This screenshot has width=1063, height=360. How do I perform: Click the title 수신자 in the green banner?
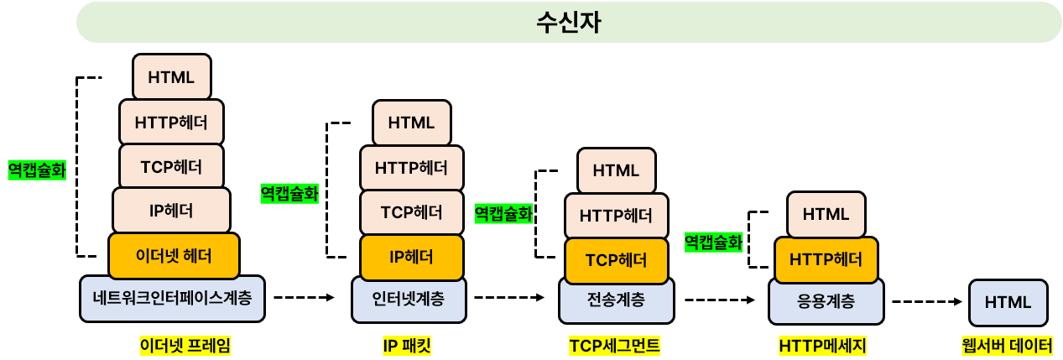(568, 22)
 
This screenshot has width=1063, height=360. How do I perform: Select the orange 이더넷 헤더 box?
(174, 255)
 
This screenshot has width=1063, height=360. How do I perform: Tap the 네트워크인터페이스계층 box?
(172, 297)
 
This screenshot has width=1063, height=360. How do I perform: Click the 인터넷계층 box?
(409, 297)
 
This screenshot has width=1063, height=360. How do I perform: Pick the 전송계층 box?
(616, 299)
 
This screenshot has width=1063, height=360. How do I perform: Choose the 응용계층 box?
(826, 300)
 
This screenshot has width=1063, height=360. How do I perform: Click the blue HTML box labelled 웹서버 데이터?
(1007, 302)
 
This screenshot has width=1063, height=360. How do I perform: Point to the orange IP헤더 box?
(411, 257)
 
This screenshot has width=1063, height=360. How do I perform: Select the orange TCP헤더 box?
(617, 260)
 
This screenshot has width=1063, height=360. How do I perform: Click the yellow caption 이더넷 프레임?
(185, 345)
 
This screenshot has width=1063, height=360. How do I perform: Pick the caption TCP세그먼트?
(614, 345)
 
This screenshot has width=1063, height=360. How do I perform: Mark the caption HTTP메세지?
(822, 345)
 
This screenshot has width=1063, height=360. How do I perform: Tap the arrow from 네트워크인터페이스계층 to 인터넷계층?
(304, 297)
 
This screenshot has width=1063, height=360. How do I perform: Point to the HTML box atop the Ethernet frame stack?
(171, 76)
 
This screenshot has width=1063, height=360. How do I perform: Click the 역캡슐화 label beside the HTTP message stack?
(713, 243)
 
